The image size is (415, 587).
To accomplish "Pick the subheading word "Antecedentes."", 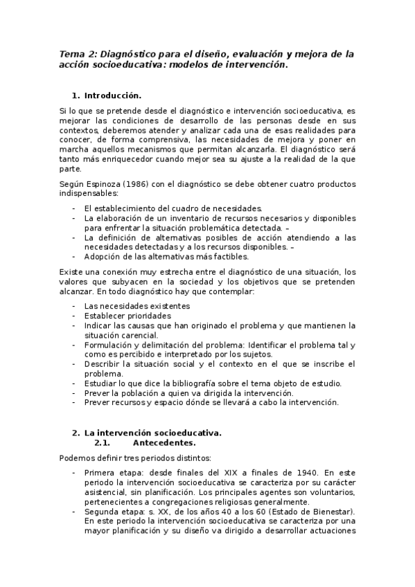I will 166,442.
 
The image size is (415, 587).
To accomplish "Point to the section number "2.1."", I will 103,442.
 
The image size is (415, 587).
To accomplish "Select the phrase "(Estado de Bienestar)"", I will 308,512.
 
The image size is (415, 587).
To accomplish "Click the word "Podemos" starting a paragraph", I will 76,458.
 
